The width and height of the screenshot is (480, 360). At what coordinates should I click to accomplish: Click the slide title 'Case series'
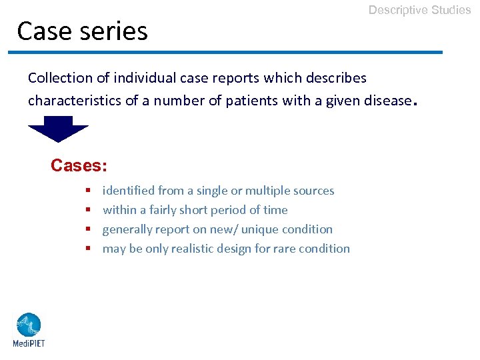(x=82, y=31)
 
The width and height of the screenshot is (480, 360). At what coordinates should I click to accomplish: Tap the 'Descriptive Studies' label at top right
(x=419, y=10)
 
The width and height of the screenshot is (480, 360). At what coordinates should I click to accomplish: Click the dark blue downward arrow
(x=59, y=129)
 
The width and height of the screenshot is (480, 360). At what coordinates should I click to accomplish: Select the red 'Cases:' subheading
(x=79, y=165)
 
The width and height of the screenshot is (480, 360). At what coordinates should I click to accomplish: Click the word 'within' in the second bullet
(x=118, y=210)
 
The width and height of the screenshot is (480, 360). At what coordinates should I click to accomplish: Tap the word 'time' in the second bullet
(x=275, y=210)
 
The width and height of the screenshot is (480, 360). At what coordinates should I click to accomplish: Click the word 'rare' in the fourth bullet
(x=283, y=249)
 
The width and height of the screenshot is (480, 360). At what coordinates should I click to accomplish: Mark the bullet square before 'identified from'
(x=88, y=191)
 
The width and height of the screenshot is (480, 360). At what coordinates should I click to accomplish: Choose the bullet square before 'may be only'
(x=88, y=249)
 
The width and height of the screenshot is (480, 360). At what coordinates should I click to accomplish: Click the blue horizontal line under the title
(x=225, y=52)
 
